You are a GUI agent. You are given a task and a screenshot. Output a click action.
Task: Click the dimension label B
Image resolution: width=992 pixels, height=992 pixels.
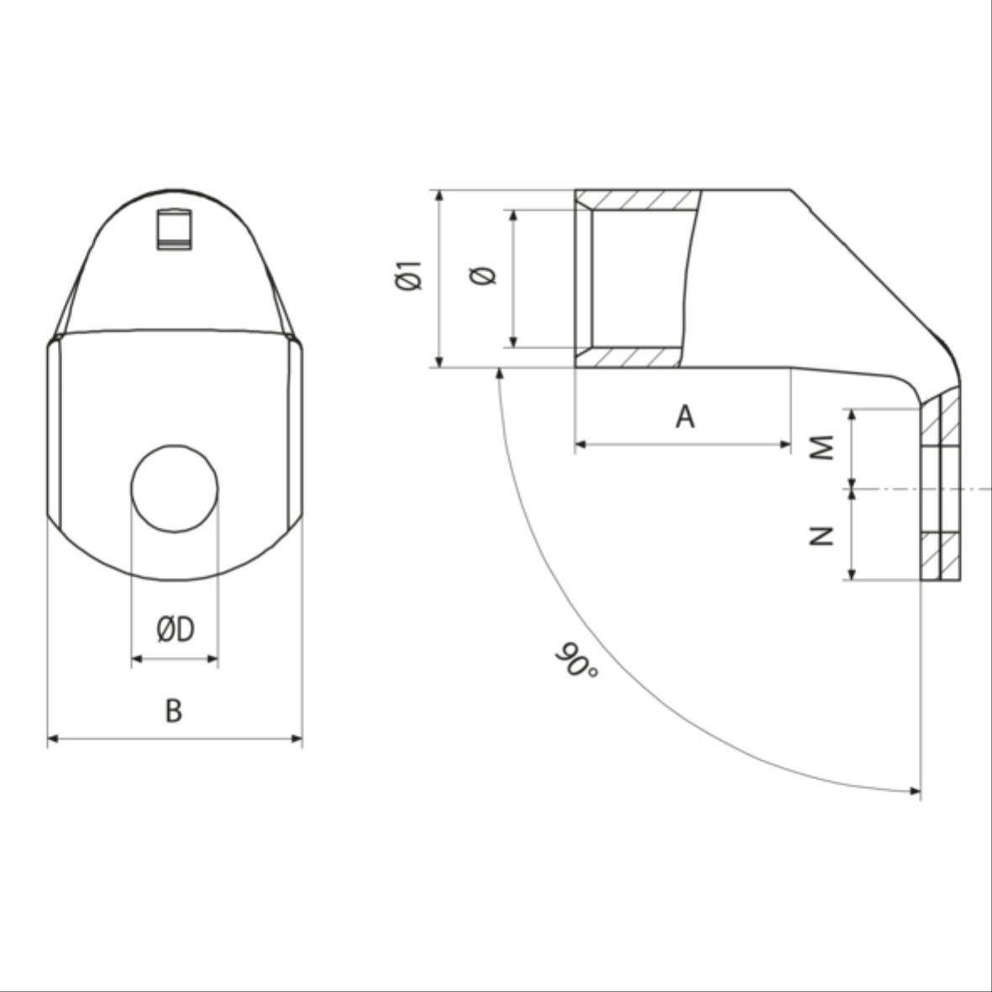point(173,711)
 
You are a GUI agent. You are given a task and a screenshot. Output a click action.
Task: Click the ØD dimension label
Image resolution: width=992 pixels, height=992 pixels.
point(175,628)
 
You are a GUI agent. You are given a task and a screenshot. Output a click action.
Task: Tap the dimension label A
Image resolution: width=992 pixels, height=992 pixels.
point(685,416)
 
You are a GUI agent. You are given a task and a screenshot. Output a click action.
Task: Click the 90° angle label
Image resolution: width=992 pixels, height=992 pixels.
point(575,661)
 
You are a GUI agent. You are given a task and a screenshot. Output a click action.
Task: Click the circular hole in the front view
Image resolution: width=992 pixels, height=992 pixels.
point(175,488)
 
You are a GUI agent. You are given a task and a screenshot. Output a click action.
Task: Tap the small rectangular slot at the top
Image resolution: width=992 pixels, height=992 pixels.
point(175,228)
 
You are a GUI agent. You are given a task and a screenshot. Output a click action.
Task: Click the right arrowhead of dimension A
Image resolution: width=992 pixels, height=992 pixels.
point(786,444)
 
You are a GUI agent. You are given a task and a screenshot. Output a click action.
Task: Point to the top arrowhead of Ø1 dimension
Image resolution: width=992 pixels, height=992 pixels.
point(438,195)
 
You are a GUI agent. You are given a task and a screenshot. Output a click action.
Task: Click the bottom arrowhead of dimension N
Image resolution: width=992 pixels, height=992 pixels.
point(853,575)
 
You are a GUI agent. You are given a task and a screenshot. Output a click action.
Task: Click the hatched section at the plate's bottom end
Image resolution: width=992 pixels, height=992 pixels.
point(941,557)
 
